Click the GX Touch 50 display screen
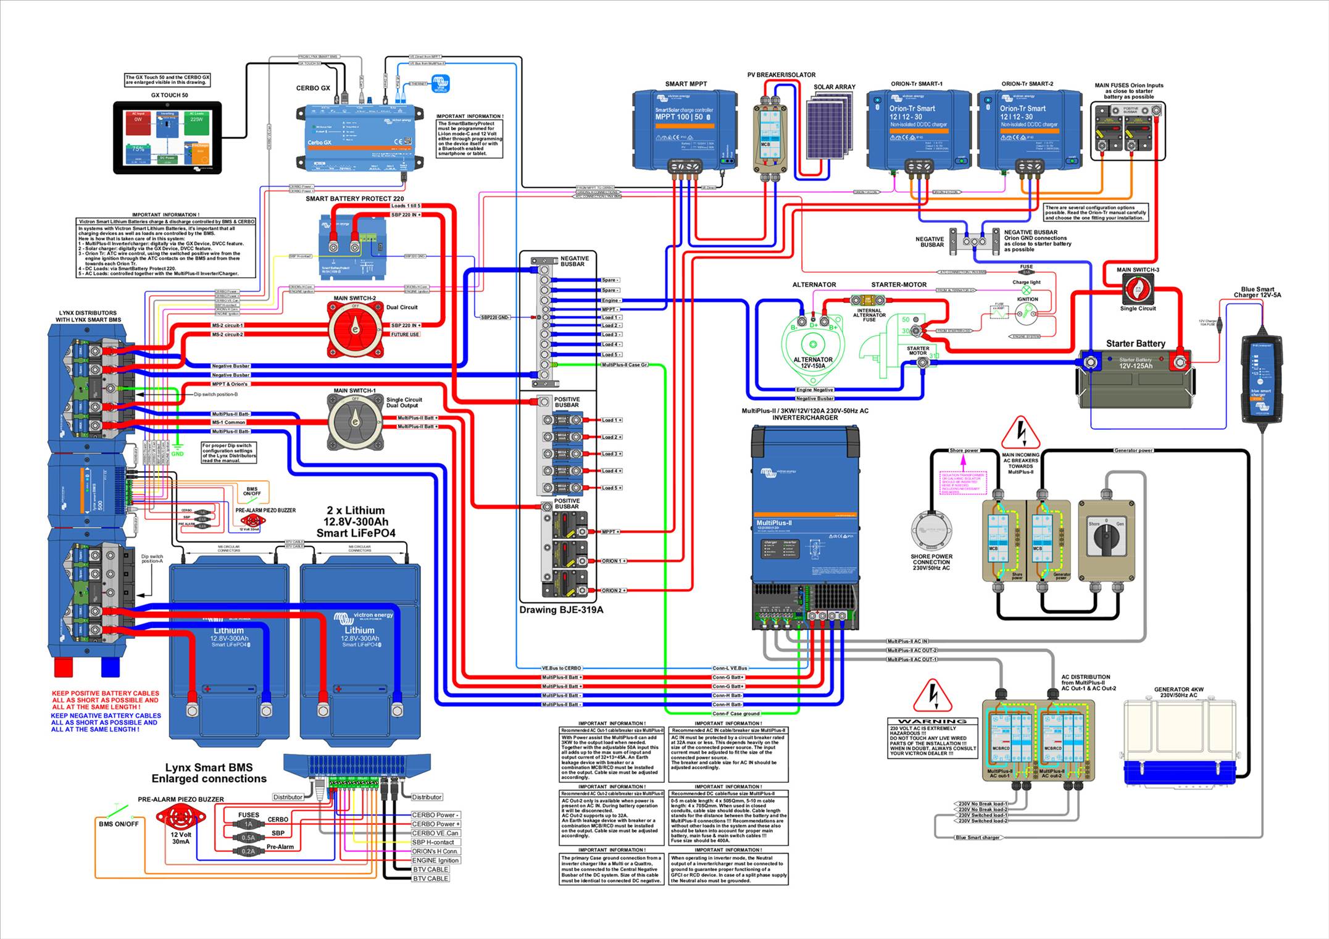(x=167, y=137)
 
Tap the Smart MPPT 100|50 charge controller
(x=684, y=130)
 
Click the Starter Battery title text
(x=1135, y=343)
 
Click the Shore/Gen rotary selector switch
(x=1106, y=536)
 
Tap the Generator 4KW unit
(x=1180, y=741)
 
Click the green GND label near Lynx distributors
(x=177, y=454)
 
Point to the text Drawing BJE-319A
(x=560, y=610)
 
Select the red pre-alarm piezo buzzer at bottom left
(x=180, y=818)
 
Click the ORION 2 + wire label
(x=614, y=591)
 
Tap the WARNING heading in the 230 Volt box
(x=932, y=721)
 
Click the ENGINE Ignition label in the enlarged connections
(x=435, y=860)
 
